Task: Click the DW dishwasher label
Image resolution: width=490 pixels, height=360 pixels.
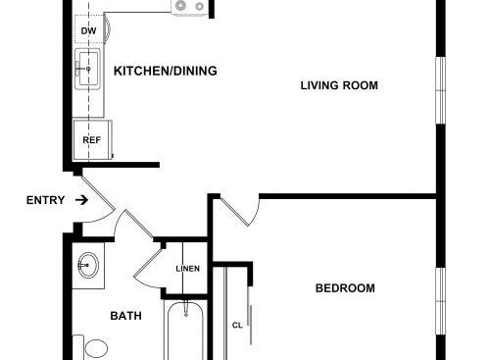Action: (x=88, y=31)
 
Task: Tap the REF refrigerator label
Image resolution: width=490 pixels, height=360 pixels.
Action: (x=92, y=140)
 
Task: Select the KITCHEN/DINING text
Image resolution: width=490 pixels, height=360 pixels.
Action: (x=166, y=71)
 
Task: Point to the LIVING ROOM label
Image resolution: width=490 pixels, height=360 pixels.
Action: (x=339, y=85)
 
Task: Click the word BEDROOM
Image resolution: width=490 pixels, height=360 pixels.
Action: (x=345, y=288)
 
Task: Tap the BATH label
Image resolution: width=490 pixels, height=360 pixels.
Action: (x=126, y=316)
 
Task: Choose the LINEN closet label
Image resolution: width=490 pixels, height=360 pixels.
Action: (x=188, y=269)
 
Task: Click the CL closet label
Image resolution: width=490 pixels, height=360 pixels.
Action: (x=237, y=326)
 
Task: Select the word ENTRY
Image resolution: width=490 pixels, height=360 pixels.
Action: (x=45, y=200)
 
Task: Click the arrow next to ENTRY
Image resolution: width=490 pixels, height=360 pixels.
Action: (x=81, y=200)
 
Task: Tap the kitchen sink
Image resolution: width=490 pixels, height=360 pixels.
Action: (x=87, y=69)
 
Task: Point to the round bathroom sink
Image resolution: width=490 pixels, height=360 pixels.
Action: (x=88, y=265)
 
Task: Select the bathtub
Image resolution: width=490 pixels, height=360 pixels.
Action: (x=185, y=331)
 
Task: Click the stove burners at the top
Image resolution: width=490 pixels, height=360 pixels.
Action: (x=190, y=7)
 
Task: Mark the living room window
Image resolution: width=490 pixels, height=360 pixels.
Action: (x=441, y=90)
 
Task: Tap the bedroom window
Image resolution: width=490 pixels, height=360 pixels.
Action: (x=441, y=301)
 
